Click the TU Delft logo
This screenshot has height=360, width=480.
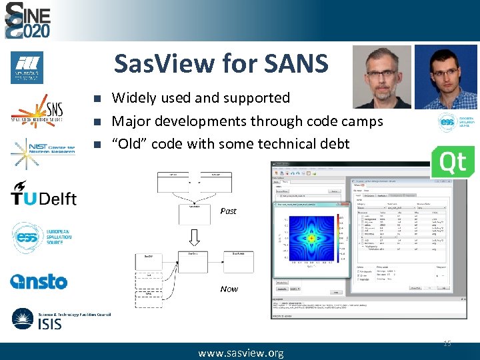tap(43, 195)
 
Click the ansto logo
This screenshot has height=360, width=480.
tap(39, 281)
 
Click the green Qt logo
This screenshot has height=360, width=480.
tap(453, 162)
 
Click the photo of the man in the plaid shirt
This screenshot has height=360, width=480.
tap(445, 77)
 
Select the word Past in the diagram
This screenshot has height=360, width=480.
tap(228, 211)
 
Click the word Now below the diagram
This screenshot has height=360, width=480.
tap(229, 289)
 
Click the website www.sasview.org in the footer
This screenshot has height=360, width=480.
tap(241, 353)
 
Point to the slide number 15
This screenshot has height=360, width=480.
tap(447, 343)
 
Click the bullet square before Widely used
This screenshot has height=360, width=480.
tap(97, 99)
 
